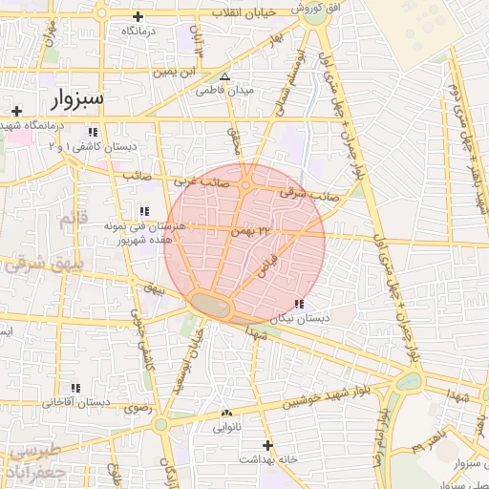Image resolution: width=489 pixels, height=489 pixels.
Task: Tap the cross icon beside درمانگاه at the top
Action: point(138,16)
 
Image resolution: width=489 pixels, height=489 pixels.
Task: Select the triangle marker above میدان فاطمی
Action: point(224,76)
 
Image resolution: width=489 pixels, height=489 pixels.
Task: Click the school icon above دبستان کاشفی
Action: point(93,132)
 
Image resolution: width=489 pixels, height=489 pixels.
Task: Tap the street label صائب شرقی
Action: point(303,193)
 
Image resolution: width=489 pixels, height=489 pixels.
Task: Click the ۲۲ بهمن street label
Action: point(245,231)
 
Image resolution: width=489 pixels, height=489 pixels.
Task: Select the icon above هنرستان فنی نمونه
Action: point(144,211)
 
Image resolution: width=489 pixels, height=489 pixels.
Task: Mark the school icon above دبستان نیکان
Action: point(300,304)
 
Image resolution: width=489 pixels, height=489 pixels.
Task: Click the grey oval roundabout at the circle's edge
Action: point(211,306)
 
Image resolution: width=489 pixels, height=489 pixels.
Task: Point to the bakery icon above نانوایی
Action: point(226,413)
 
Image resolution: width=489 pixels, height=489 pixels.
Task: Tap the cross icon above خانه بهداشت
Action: point(267,445)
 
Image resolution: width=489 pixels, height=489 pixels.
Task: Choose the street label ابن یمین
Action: point(181,72)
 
